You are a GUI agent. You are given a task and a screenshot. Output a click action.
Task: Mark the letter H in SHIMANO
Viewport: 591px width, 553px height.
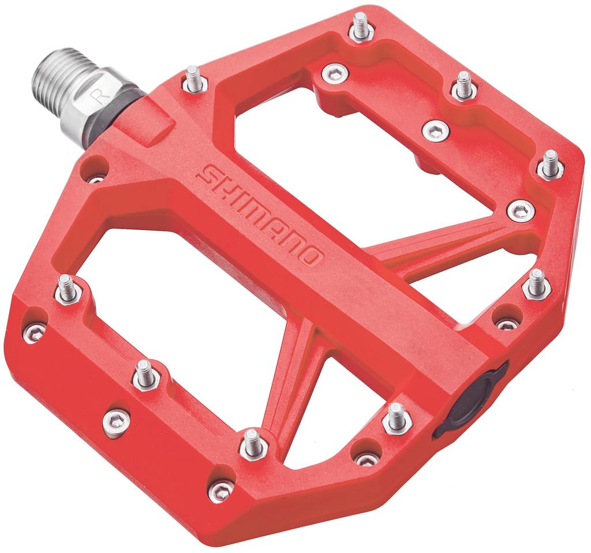click(x=222, y=183)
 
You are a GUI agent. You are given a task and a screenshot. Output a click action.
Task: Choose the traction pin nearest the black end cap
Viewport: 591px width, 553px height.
click(x=397, y=417)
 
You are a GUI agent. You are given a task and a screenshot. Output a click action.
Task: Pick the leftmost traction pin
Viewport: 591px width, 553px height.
click(x=67, y=289)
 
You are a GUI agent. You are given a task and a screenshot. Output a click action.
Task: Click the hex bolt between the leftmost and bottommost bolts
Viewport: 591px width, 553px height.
click(x=116, y=421)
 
